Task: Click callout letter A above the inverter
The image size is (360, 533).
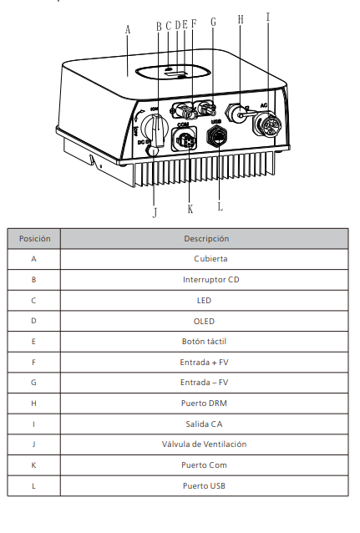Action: click(128, 29)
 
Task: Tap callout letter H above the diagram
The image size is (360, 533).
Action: click(241, 19)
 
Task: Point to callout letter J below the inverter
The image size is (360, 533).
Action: click(155, 212)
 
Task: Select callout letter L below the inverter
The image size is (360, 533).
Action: click(221, 206)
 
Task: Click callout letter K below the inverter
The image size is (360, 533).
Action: click(190, 209)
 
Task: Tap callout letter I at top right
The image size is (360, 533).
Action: click(268, 17)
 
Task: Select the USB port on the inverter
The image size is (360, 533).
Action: click(217, 136)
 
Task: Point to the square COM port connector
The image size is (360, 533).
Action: click(184, 139)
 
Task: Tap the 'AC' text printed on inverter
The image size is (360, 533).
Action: click(264, 105)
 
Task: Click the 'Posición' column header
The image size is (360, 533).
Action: click(34, 239)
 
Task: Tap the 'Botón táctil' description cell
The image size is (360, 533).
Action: click(204, 342)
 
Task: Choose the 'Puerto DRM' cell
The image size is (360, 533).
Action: click(204, 404)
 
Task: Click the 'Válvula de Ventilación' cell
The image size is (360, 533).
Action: click(204, 444)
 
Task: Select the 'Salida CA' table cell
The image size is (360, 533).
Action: click(204, 424)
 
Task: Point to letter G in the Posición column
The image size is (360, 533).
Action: click(33, 383)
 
